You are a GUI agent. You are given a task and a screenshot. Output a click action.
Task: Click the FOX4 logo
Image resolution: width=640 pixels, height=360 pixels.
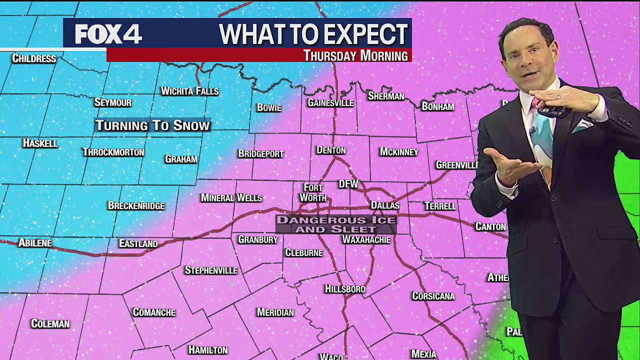pyautogui.click(x=108, y=34)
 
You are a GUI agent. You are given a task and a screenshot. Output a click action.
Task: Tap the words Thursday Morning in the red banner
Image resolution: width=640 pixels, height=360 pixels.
pyautogui.click(x=355, y=55)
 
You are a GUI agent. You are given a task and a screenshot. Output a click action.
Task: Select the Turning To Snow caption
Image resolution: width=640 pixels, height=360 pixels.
pyautogui.click(x=152, y=125)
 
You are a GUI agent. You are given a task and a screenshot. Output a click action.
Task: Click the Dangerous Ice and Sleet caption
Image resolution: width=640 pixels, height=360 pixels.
pyautogui.click(x=336, y=224)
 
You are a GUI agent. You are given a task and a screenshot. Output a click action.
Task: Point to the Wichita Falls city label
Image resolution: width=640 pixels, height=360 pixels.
pyautogui.click(x=189, y=91)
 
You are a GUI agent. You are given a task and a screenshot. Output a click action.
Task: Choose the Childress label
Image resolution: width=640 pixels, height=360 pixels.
pyautogui.click(x=34, y=58)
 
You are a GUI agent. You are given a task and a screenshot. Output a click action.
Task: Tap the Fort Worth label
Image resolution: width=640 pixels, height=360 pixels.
pyautogui.click(x=313, y=192)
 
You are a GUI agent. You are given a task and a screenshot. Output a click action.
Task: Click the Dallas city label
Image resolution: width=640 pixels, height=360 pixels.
pyautogui.click(x=385, y=205)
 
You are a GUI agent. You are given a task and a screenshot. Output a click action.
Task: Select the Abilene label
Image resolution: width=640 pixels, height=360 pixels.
pyautogui.click(x=35, y=243)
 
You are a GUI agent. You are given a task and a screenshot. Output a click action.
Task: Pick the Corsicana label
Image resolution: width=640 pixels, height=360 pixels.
pyautogui.click(x=433, y=296)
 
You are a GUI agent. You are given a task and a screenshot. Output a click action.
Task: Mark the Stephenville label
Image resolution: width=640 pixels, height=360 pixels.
pyautogui.click(x=211, y=270)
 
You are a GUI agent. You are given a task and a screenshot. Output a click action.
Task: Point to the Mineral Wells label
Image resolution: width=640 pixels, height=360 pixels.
pyautogui.click(x=231, y=198)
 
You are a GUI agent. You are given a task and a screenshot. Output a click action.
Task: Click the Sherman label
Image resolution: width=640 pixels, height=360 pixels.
pyautogui.click(x=386, y=96)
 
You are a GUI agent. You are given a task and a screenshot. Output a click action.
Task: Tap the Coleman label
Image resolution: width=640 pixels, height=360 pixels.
pyautogui.click(x=50, y=324)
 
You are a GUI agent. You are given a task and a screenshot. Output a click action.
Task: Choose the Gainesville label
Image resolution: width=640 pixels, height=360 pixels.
pyautogui.click(x=330, y=103)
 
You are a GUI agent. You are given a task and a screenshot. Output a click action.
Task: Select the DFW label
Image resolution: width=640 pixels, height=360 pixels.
pyautogui.click(x=348, y=184)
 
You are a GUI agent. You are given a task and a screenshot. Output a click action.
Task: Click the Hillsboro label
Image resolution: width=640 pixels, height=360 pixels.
pyautogui.click(x=345, y=289)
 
